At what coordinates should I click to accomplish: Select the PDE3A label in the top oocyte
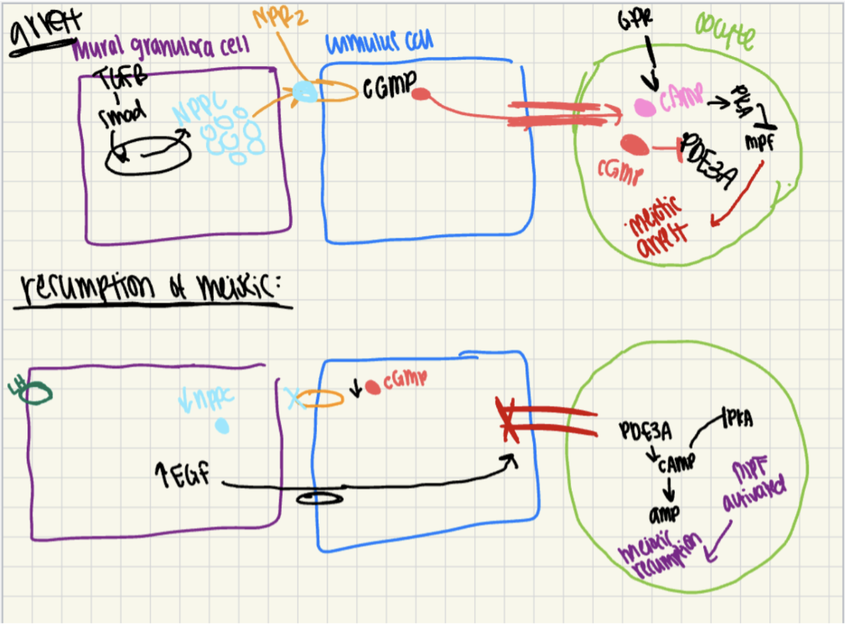[x=709, y=161]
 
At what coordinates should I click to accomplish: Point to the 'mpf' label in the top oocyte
[x=760, y=142]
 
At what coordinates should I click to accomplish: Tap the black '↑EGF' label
[x=188, y=477]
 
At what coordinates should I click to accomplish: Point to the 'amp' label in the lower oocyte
[x=667, y=515]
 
